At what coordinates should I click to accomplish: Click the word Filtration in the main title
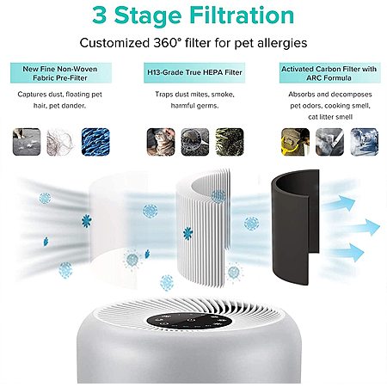tap(242, 15)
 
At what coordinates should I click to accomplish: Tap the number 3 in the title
tap(100, 15)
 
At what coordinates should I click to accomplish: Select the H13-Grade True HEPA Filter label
tap(194, 72)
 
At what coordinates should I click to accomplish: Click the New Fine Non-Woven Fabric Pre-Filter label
tap(61, 73)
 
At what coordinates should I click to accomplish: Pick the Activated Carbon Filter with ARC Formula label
tap(329, 73)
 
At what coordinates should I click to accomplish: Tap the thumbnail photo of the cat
tap(161, 142)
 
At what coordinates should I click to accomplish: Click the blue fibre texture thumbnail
tap(95, 142)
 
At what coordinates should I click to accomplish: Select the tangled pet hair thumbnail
tap(61, 142)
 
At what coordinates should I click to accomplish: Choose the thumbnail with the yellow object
tap(295, 142)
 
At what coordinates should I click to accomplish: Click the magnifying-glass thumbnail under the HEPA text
tap(195, 142)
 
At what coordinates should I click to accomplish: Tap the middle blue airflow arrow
tap(362, 227)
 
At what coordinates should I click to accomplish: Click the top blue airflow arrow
tap(341, 203)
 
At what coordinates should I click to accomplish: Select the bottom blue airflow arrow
tap(347, 252)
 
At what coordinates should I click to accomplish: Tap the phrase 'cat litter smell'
tap(330, 117)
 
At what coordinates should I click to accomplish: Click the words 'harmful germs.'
tap(194, 106)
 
